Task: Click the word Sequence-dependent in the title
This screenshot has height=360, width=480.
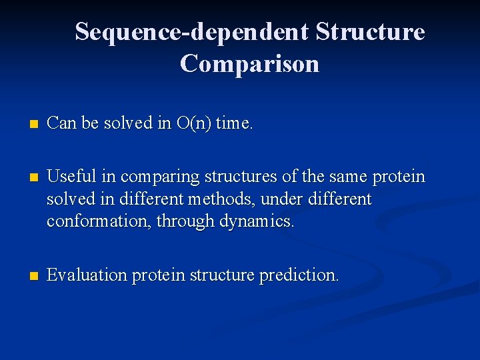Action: point(191,31)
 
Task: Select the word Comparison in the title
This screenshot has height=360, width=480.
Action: point(249,64)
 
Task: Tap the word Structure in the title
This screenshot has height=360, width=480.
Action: point(370,31)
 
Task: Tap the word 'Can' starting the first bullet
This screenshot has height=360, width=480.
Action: point(62,123)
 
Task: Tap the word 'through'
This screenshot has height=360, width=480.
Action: point(185,221)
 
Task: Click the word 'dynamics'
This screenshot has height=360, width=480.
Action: point(256,221)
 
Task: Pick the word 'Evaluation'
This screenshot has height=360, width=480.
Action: point(87,275)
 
